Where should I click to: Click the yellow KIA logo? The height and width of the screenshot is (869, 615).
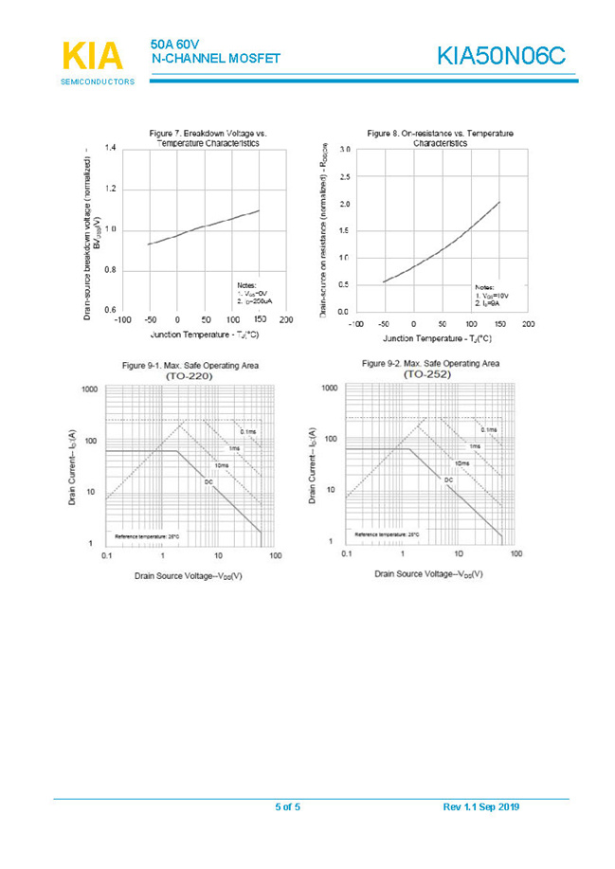(x=91, y=55)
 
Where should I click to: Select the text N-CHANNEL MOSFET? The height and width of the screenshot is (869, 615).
(x=215, y=59)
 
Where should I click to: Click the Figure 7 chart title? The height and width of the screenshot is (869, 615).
(x=208, y=138)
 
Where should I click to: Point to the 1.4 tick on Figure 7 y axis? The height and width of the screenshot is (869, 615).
(x=111, y=149)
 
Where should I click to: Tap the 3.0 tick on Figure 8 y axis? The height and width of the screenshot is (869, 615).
(x=345, y=151)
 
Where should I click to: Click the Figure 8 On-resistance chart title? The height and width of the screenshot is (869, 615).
(x=440, y=138)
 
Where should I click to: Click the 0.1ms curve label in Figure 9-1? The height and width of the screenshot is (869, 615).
(x=248, y=431)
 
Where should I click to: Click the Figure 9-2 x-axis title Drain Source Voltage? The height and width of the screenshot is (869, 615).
(x=429, y=573)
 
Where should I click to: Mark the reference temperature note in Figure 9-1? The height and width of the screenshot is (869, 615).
(x=141, y=536)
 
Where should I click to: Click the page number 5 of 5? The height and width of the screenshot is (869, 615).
(x=287, y=807)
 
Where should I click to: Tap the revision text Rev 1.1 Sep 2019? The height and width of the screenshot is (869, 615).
(x=480, y=807)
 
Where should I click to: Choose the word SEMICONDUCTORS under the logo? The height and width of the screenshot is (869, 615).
(x=97, y=81)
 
